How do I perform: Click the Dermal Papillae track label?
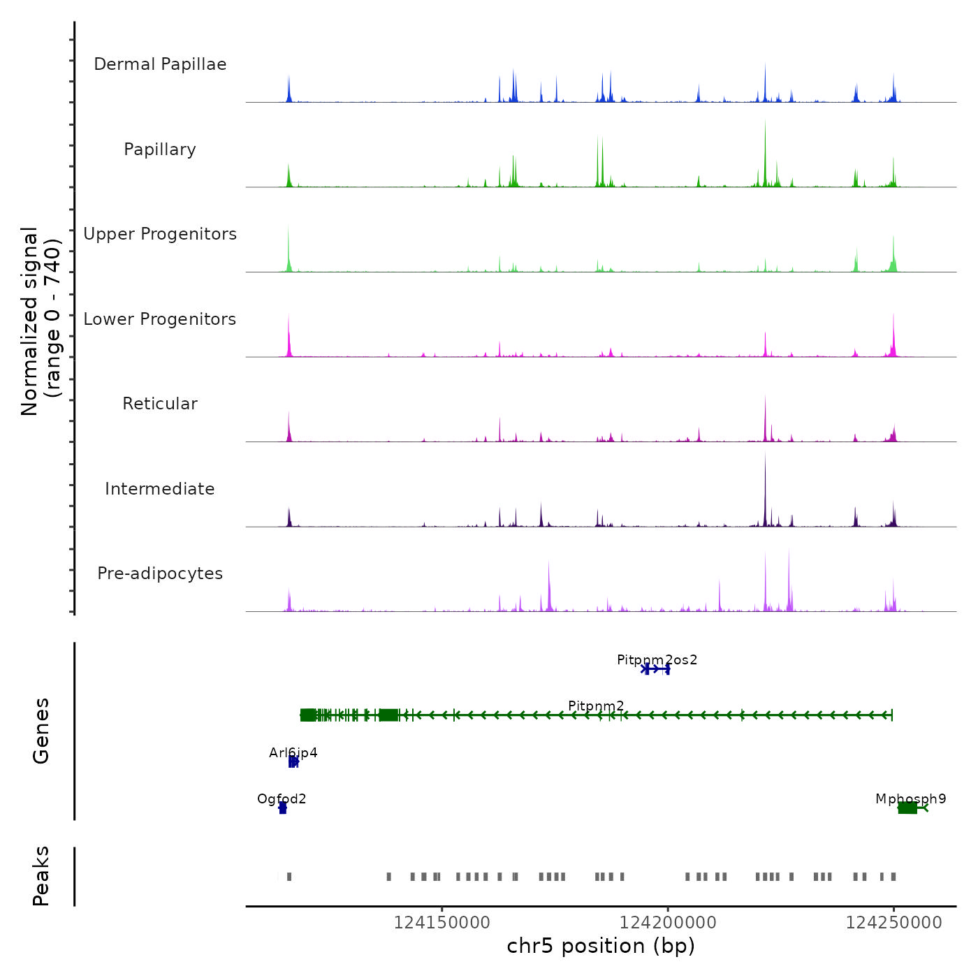pos(160,64)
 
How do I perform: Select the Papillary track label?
pos(160,149)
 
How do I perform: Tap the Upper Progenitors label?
pos(160,234)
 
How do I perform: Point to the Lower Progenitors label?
pos(160,319)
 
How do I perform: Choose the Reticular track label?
pos(160,404)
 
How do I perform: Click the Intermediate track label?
pos(160,489)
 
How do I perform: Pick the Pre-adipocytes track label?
pos(160,574)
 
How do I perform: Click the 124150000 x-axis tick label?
pos(441,923)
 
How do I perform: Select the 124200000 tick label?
pos(668,923)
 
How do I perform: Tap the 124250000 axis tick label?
pos(893,923)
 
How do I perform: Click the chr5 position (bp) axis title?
pos(601,947)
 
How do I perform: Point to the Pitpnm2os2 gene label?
pos(657,660)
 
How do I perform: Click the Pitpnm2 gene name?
pos(596,706)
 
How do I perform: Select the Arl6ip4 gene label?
pos(293,753)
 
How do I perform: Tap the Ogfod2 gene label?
pos(282,799)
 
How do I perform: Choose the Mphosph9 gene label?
pos(910,799)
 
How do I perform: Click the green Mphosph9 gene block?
pos(907,808)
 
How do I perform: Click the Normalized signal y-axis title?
pos(41,321)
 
